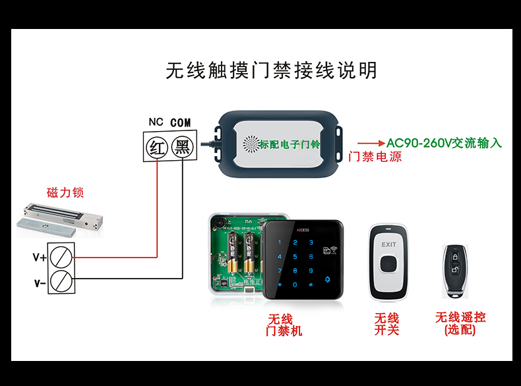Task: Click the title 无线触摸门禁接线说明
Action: [271, 70]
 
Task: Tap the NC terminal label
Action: [156, 122]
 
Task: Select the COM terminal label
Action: [180, 123]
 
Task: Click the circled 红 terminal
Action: [156, 147]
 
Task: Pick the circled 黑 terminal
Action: [181, 147]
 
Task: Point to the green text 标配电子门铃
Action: [290, 144]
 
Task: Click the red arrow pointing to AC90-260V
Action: [371, 143]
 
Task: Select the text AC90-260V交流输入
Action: [444, 142]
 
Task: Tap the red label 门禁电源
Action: [374, 157]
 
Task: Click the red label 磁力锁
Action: [65, 193]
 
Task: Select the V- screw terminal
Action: [61, 282]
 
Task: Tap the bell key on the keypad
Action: [328, 281]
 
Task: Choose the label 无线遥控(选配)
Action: [460, 323]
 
